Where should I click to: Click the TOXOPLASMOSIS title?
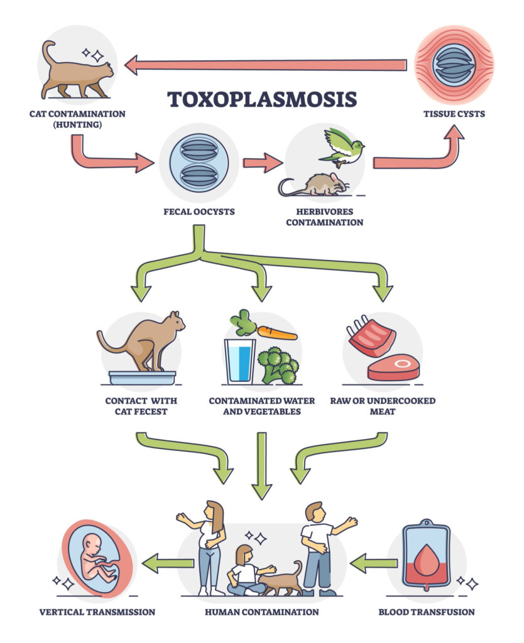(x=261, y=99)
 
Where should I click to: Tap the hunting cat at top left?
(x=75, y=72)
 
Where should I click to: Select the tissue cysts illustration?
(x=454, y=64)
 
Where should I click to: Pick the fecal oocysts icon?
(x=199, y=163)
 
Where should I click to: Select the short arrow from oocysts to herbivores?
(x=262, y=163)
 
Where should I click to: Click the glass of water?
(x=240, y=360)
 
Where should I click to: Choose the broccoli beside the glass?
(x=278, y=364)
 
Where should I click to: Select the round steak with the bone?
(x=393, y=367)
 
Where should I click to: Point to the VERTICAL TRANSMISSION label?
(x=97, y=612)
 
